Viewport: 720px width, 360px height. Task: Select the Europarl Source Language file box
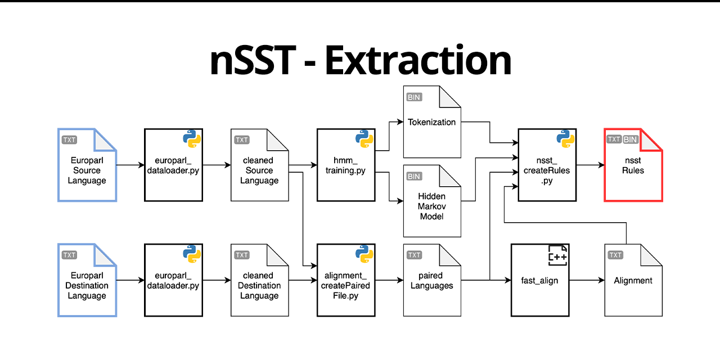tap(87, 165)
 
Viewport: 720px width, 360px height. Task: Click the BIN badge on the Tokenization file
tap(414, 97)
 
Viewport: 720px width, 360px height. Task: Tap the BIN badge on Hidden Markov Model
tap(414, 177)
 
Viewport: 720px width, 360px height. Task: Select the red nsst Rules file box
tap(633, 165)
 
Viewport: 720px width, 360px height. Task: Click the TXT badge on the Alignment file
tap(615, 255)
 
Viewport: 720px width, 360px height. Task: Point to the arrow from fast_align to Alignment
tap(586, 280)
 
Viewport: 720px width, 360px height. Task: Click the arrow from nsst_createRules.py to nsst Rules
tap(589, 165)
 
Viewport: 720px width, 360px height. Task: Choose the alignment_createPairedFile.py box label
tap(346, 286)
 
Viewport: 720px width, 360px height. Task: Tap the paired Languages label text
tap(431, 281)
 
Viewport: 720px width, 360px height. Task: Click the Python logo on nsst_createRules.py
tap(565, 139)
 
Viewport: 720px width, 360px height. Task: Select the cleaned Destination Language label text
tap(259, 286)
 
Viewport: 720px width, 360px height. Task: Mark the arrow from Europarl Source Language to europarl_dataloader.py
tap(130, 165)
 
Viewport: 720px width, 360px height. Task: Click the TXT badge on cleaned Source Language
tap(242, 139)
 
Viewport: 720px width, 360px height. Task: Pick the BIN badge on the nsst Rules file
tap(631, 139)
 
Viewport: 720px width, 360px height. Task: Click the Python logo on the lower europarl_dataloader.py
tap(192, 254)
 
